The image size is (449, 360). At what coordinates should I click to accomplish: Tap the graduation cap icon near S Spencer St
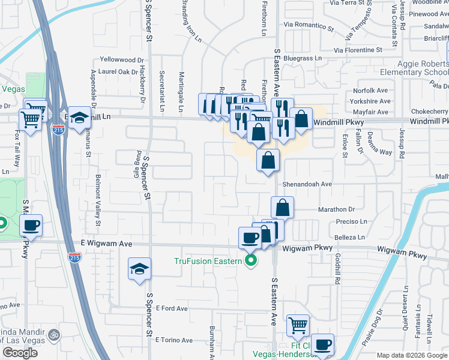click(139, 269)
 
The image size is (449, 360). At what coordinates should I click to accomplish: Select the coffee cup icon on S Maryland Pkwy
click(31, 226)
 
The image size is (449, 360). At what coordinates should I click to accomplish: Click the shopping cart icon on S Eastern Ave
click(298, 326)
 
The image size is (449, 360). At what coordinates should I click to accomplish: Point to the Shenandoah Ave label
click(307, 184)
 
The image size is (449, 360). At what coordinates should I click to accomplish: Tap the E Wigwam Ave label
click(107, 244)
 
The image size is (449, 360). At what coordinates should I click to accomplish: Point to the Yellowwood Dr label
click(122, 60)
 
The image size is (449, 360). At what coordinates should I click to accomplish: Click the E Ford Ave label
click(171, 308)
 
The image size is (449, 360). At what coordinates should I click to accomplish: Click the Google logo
click(20, 353)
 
